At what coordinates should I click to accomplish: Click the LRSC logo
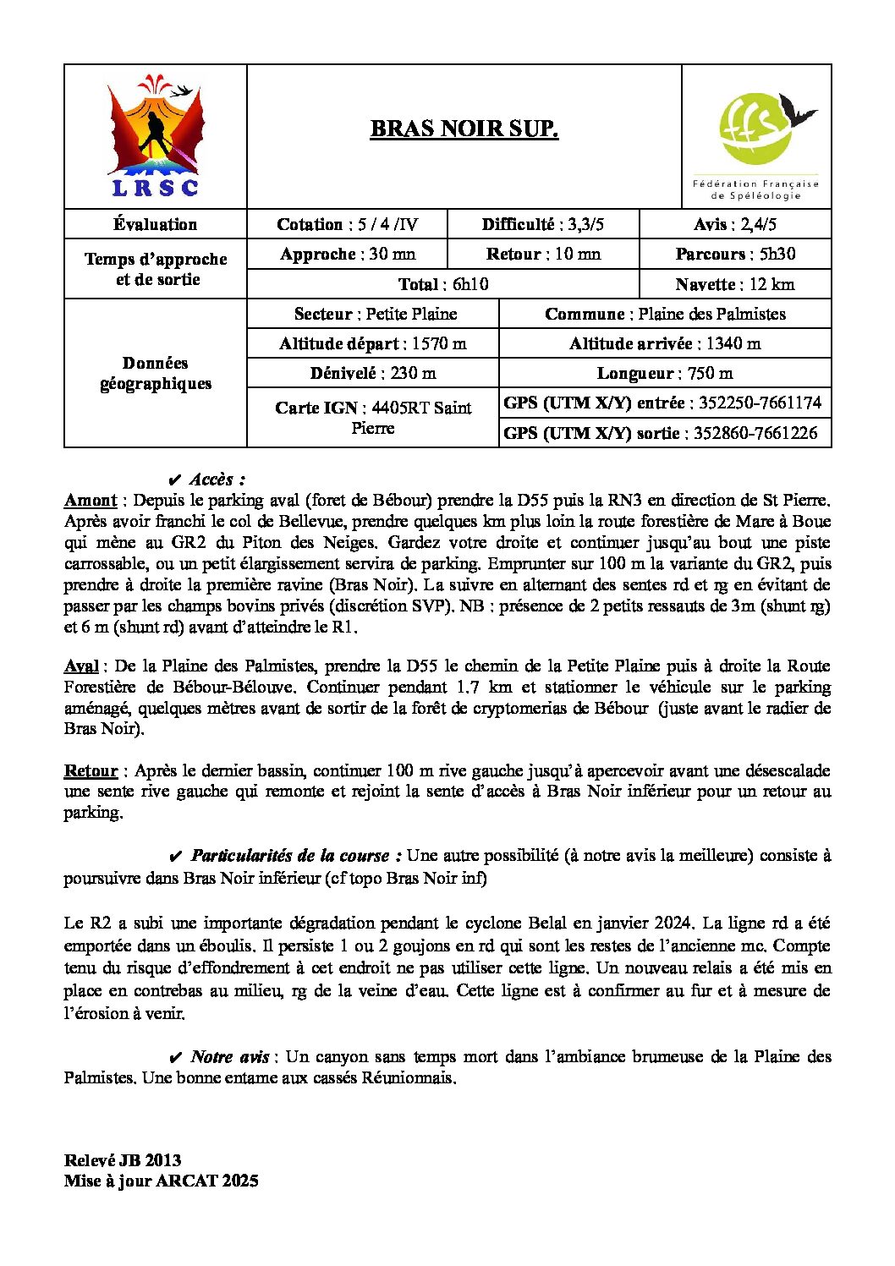click(x=156, y=136)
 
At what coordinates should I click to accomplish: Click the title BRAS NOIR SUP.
click(x=464, y=129)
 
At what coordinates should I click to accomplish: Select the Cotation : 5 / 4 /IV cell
click(x=347, y=224)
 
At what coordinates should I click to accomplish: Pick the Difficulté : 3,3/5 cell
click(x=543, y=224)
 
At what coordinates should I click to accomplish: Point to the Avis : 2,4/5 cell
click(x=735, y=224)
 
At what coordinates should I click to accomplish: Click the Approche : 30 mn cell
click(x=347, y=254)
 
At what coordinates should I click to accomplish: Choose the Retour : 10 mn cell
click(x=543, y=254)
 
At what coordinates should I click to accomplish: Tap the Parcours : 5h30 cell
click(x=735, y=254)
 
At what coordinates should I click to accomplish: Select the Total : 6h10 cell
click(x=443, y=284)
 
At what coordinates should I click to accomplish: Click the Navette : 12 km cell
click(x=735, y=284)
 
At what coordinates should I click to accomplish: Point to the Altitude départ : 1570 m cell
click(x=372, y=343)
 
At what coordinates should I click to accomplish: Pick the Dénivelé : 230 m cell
click(x=372, y=373)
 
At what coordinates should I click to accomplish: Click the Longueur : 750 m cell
click(x=665, y=373)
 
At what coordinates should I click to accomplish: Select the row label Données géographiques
click(x=156, y=373)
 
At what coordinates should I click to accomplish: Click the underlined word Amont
click(x=91, y=501)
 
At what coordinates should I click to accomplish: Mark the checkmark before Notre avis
click(x=176, y=1057)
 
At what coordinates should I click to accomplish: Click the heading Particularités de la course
click(x=290, y=855)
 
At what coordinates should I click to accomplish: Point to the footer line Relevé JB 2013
click(x=123, y=1160)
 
